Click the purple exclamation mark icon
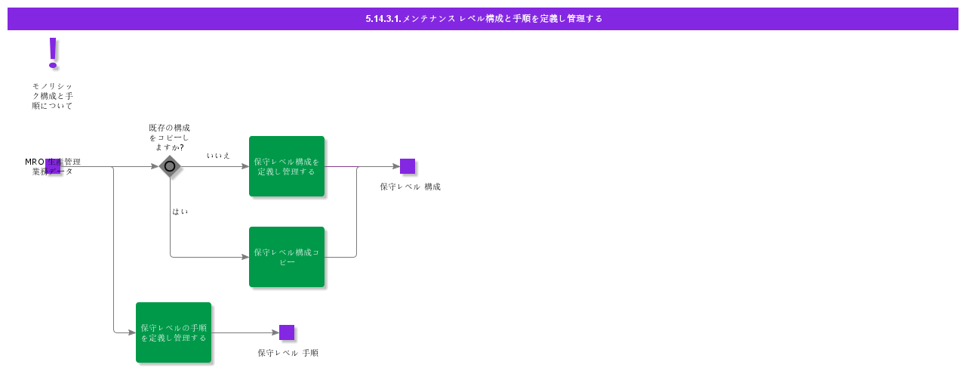click(52, 52)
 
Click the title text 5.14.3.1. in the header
click(383, 19)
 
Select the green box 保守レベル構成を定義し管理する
click(287, 166)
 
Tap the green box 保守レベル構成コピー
click(287, 257)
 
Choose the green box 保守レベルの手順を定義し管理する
click(174, 332)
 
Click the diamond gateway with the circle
click(170, 166)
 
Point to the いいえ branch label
click(218, 156)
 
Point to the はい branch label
click(180, 212)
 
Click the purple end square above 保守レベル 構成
click(408, 166)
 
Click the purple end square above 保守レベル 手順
click(287, 332)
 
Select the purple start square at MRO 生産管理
click(53, 166)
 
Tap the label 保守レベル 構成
click(410, 187)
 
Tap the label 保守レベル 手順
click(288, 353)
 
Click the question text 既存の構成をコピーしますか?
click(169, 138)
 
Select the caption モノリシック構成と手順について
click(52, 96)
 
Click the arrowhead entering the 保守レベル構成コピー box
click(245, 257)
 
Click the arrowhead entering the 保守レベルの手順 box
click(131, 332)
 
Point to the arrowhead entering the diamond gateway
click(155, 166)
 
